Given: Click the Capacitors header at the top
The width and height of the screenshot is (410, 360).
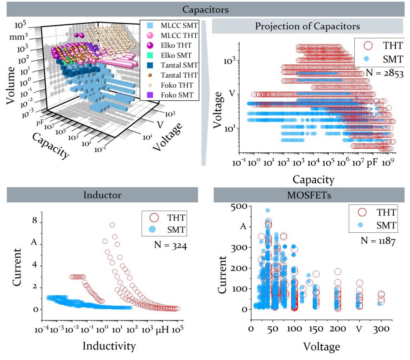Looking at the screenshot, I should [x=205, y=9].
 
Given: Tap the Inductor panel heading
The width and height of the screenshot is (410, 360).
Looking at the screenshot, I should [x=102, y=195].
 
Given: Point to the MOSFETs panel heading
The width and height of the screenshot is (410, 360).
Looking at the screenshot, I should [x=308, y=195].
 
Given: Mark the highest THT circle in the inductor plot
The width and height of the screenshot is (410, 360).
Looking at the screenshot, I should [x=113, y=225].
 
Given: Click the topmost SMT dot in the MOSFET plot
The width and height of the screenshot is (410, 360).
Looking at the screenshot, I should [x=267, y=210].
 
